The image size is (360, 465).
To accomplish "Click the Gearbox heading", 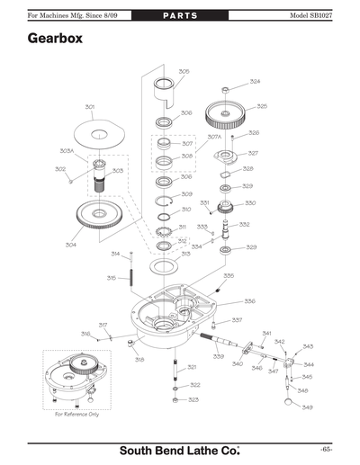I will click(57, 40).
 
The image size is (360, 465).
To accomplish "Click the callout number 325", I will click(261, 106).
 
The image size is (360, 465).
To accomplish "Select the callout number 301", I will click(90, 107).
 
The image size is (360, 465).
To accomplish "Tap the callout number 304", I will click(70, 244).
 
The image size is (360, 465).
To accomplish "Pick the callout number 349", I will click(307, 407).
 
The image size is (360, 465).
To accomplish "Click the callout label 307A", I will click(214, 137).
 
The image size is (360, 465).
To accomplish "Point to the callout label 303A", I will click(67, 150).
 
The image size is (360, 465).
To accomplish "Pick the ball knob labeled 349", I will click(291, 404).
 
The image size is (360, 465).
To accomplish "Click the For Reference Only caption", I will click(76, 414).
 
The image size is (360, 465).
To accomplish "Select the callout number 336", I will click(249, 301).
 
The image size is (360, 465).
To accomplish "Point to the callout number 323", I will click(193, 399).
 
